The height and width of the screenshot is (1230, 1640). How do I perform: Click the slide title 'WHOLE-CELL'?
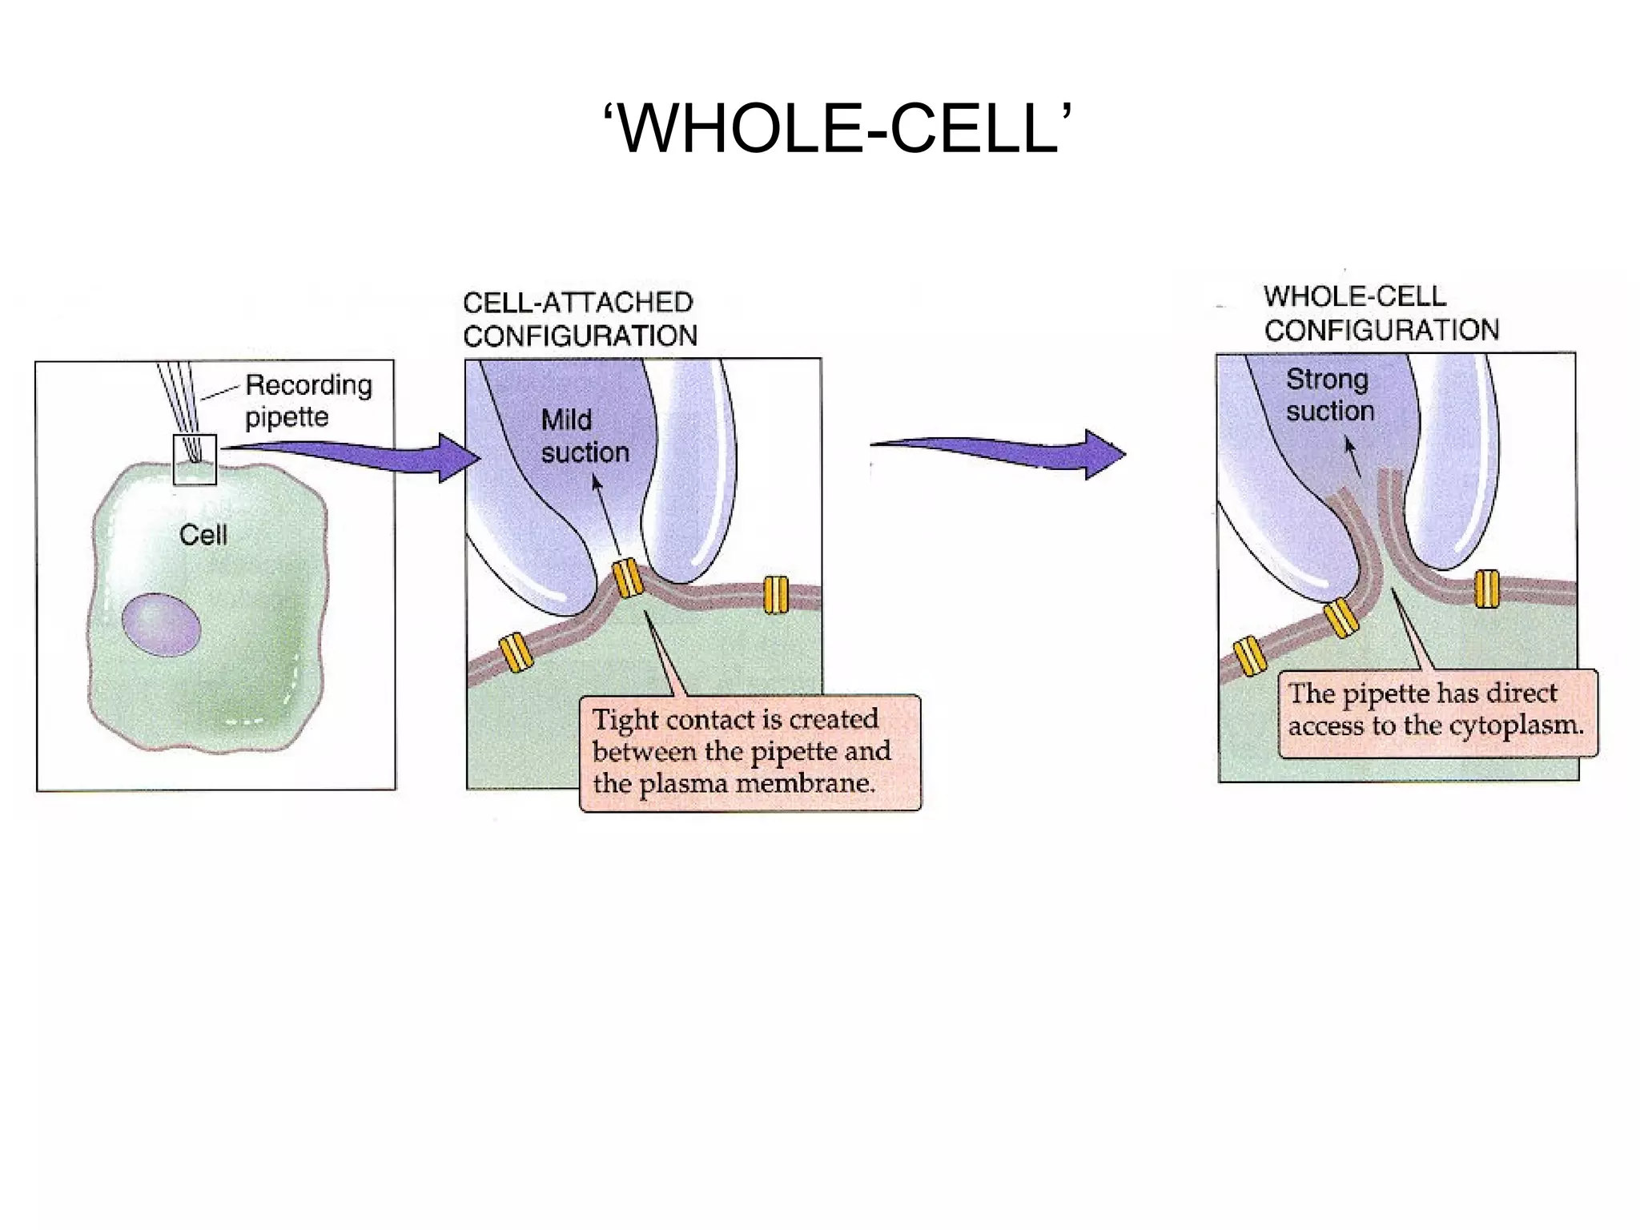click(836, 128)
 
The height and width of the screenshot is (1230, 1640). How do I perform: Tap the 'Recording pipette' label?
click(308, 400)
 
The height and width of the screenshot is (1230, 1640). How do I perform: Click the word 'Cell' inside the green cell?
click(203, 535)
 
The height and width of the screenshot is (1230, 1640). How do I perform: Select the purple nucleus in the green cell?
click(161, 625)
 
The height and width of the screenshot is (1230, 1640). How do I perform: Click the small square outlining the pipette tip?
click(195, 459)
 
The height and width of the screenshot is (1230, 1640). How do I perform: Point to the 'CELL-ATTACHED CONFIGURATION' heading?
click(580, 319)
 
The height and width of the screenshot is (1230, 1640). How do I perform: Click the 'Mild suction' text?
click(585, 436)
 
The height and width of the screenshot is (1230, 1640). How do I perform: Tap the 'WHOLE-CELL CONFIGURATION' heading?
click(1381, 313)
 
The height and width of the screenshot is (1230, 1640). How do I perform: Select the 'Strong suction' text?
click(1329, 395)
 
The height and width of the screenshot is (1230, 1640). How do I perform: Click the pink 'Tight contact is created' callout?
click(750, 752)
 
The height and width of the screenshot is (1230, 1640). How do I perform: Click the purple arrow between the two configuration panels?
click(1001, 453)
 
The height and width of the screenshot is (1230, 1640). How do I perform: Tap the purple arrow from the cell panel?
click(352, 457)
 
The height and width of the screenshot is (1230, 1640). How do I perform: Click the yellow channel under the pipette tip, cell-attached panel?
click(628, 578)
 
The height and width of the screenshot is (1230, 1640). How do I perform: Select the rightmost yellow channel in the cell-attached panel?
click(775, 595)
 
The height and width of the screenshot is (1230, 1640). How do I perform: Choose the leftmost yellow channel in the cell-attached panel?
click(517, 651)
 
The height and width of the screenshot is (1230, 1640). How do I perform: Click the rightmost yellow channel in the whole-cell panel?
click(1486, 589)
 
